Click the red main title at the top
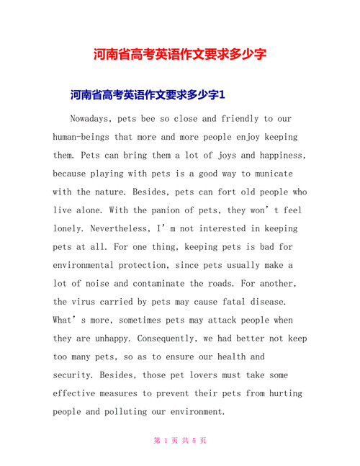pos(180,55)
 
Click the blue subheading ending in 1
pos(148,94)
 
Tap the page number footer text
pos(180,441)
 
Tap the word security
pos(75,375)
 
